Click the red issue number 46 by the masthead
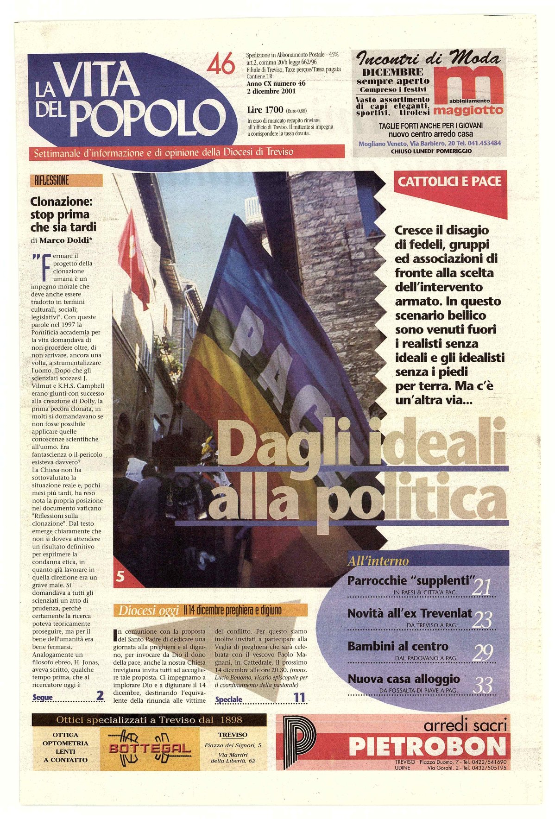click(x=221, y=64)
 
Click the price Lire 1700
click(x=265, y=110)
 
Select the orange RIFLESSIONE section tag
click(x=66, y=180)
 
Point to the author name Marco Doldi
click(x=65, y=240)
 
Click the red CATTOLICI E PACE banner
click(x=449, y=181)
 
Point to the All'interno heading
click(x=378, y=561)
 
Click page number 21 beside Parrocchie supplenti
click(x=481, y=587)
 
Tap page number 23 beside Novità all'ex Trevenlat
click(x=482, y=619)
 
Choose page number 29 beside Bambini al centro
click(x=482, y=652)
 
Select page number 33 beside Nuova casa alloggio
click(x=482, y=685)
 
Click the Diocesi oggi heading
click(x=148, y=611)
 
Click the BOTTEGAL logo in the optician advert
click(x=150, y=748)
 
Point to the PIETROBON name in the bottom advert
click(x=427, y=746)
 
